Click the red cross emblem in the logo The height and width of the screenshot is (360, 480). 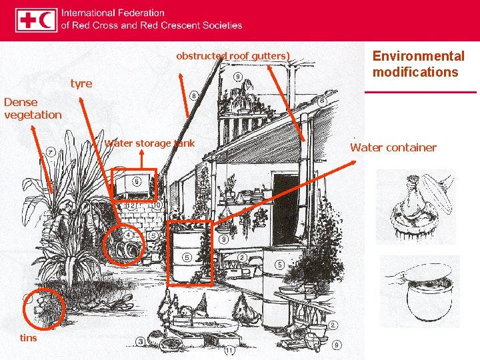28,20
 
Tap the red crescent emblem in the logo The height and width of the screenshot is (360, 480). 46,20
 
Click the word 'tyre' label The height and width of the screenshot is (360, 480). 81,83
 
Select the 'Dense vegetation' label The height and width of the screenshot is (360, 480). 33,108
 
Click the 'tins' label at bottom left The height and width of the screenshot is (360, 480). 29,338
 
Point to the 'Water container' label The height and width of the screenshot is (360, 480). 393,147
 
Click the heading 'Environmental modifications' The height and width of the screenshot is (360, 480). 418,64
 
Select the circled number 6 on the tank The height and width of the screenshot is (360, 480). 137,181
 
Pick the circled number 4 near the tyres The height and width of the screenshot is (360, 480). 127,235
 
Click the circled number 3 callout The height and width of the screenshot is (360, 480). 141,341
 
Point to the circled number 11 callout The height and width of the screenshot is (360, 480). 229,351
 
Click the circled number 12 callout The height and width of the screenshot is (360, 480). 131,207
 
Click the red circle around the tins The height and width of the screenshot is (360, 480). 45,310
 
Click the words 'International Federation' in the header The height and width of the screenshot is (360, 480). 113,13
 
